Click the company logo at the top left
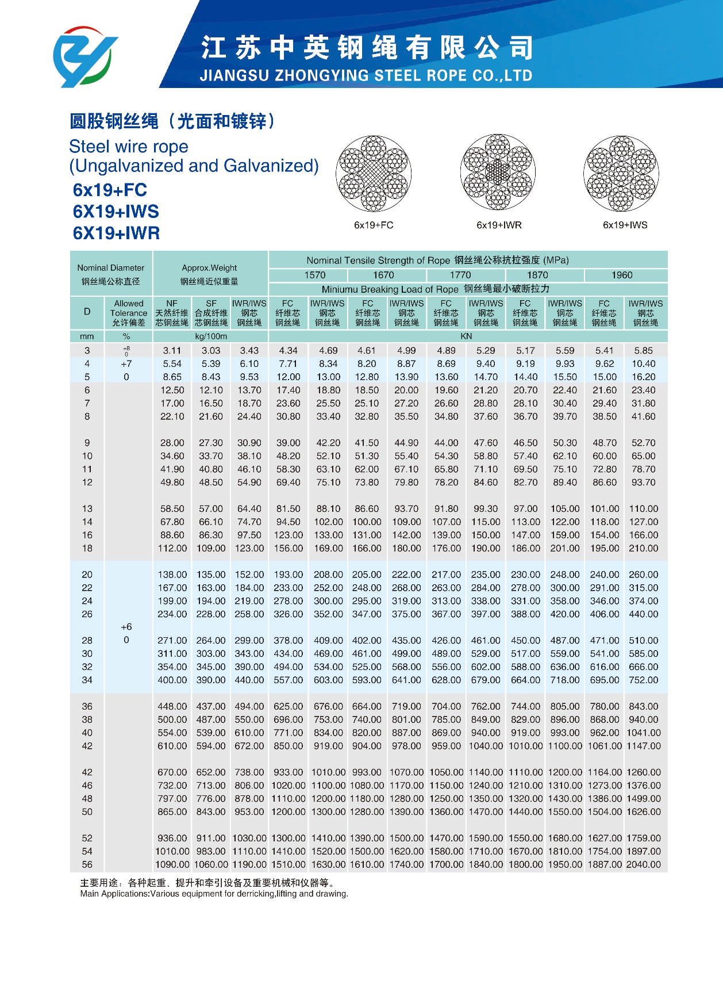84,56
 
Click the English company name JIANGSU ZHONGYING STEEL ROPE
366,76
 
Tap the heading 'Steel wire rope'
129,147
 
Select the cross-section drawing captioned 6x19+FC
374,174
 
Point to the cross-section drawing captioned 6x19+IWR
498,173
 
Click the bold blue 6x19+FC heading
110,190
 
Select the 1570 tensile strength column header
315,275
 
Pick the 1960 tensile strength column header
622,275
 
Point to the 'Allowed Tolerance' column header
129,313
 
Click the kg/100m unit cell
211,336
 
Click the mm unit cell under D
87,336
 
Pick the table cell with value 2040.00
644,864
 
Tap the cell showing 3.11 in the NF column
172,351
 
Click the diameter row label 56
87,864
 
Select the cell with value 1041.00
644,733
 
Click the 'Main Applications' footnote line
214,894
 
